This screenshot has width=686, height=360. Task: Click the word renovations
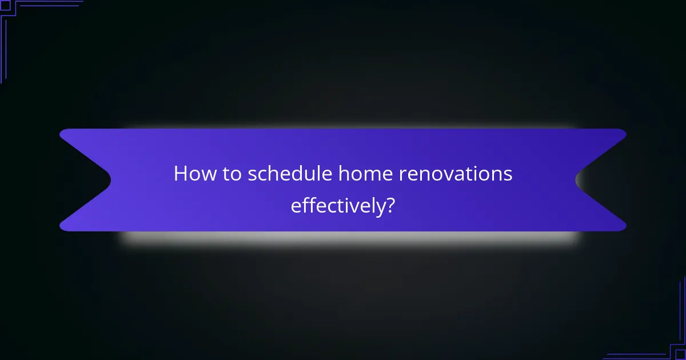click(x=450, y=174)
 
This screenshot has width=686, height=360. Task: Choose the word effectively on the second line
click(x=336, y=206)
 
